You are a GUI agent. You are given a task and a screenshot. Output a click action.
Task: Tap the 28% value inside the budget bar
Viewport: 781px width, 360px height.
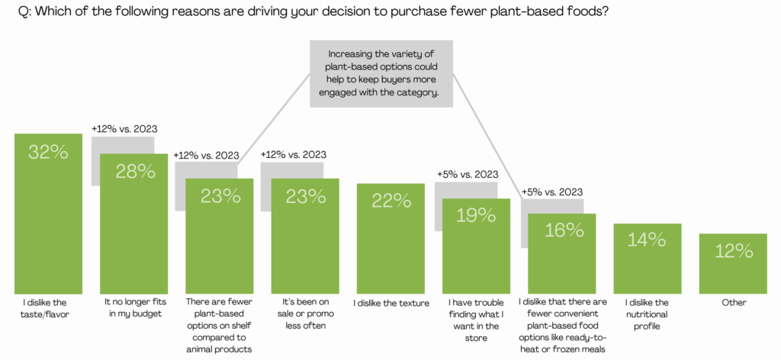(x=134, y=171)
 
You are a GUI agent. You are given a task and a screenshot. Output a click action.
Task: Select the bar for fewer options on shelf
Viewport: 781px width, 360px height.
(x=220, y=244)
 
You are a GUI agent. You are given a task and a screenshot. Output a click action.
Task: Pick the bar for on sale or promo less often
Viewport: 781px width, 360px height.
(x=305, y=244)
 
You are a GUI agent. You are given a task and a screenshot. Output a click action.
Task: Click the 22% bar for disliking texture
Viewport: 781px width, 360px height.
(x=391, y=244)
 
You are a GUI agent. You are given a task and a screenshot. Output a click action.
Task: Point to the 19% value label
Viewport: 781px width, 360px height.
(x=477, y=216)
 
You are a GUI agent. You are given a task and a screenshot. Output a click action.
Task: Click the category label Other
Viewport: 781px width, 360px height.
(x=733, y=303)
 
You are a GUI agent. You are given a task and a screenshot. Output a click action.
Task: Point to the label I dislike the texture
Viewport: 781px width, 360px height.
(x=391, y=303)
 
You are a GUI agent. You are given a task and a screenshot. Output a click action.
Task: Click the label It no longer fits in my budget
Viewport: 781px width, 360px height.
(x=134, y=308)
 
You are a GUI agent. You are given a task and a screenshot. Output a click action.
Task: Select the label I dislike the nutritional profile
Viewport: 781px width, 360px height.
(x=648, y=314)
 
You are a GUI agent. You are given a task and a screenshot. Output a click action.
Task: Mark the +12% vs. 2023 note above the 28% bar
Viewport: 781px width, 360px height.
(x=124, y=129)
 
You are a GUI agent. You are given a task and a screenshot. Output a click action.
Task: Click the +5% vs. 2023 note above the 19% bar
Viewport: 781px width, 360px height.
(x=468, y=174)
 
